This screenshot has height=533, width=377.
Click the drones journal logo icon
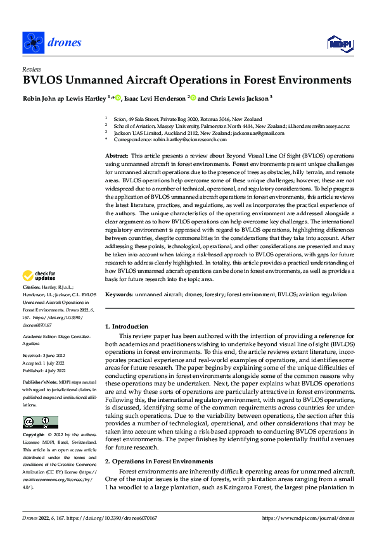pyautogui.click(x=32, y=42)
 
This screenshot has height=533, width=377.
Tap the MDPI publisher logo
pyautogui.click(x=339, y=42)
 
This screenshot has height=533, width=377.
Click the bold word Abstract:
pyautogui.click(x=117, y=155)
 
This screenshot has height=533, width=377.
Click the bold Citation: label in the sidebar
pyautogui.click(x=32, y=288)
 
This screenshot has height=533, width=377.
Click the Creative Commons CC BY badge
pyautogui.click(x=40, y=404)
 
